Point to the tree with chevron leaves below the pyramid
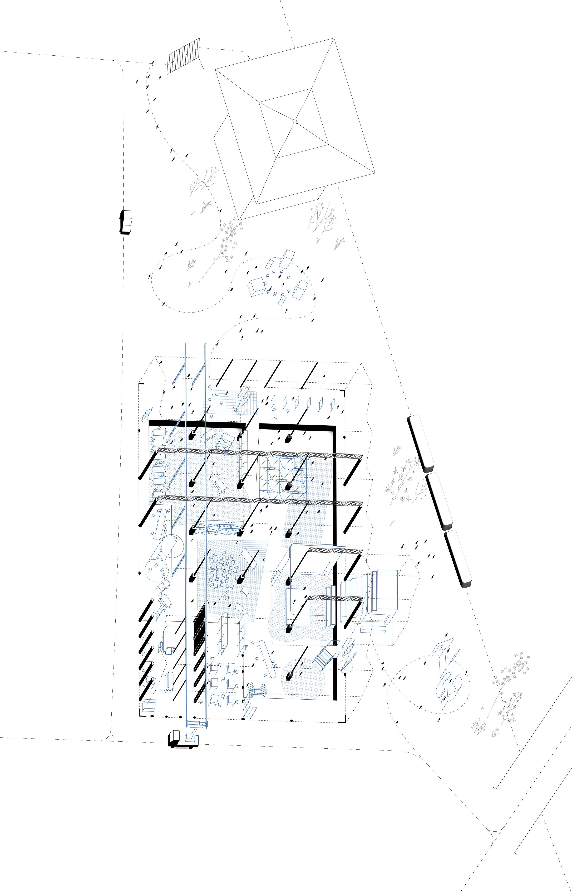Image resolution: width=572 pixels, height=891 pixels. tap(227, 238)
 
